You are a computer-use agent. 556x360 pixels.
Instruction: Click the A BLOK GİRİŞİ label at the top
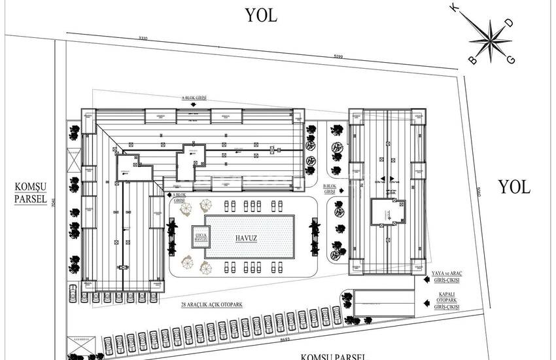[194, 98]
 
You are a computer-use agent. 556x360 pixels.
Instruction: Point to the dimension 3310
[144, 39]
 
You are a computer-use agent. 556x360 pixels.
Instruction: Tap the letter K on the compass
[470, 9]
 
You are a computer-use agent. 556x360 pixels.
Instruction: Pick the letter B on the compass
[470, 60]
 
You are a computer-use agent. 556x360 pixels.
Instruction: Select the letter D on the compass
[510, 23]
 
